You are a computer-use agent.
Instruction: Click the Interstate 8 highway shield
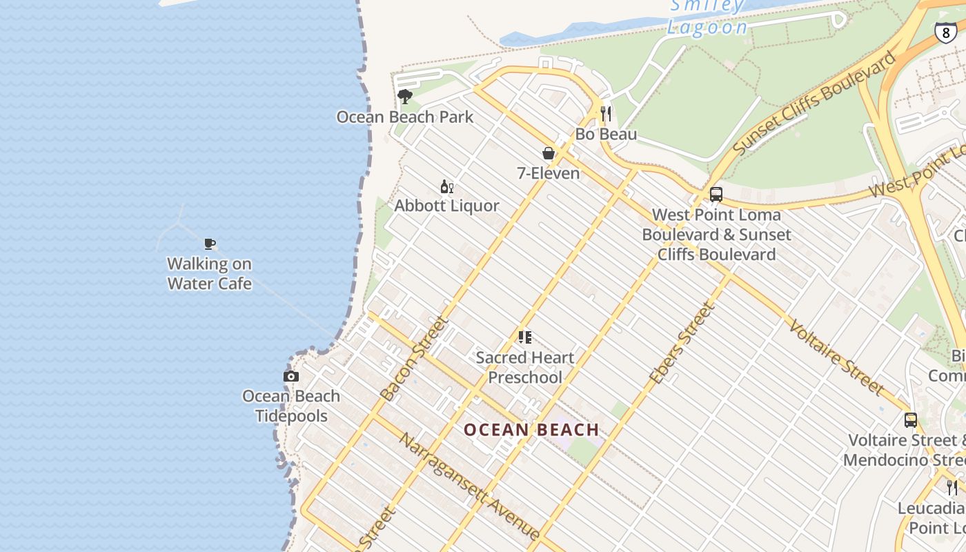click(946, 32)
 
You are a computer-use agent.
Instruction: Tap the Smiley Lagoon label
click(707, 17)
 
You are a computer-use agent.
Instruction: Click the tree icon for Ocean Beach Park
click(405, 97)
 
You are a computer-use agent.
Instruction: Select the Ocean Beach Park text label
click(405, 117)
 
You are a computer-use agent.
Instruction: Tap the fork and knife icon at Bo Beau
click(606, 114)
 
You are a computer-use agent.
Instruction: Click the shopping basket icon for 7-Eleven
click(549, 153)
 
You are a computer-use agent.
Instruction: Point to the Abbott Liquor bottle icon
click(447, 186)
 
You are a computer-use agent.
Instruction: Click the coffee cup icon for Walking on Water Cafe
click(210, 244)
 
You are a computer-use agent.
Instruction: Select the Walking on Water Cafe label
click(210, 274)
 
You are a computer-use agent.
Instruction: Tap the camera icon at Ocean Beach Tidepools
click(291, 376)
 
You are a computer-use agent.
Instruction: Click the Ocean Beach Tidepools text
click(291, 406)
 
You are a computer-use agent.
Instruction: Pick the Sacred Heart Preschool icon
click(525, 337)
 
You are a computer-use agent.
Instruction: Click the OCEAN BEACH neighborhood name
click(531, 430)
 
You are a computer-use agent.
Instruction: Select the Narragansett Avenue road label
click(469, 486)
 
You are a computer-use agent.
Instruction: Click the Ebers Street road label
click(681, 344)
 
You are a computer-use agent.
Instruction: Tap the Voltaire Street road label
click(836, 357)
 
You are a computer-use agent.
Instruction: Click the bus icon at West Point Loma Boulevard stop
click(716, 195)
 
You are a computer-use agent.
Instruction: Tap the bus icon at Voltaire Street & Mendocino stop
click(911, 420)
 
